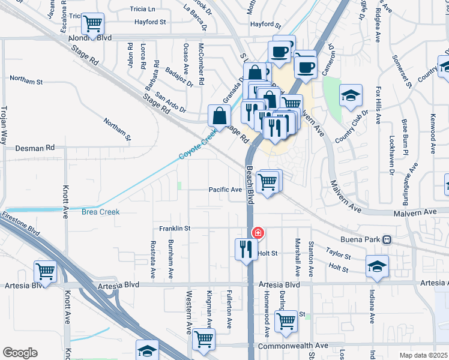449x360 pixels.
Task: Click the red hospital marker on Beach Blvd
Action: [258, 233]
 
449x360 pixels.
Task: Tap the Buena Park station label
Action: [364, 239]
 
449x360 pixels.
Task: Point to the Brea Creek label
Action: [101, 212]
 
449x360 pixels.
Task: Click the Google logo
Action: [20, 353]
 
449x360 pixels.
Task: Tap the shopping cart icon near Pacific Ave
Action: [268, 181]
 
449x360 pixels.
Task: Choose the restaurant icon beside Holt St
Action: [245, 248]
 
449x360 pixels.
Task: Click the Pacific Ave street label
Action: [225, 190]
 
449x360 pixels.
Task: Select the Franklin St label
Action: [175, 229]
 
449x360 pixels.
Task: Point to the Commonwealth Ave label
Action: [293, 346]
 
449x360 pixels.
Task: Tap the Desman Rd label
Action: [35, 147]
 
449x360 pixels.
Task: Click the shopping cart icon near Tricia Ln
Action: [92, 24]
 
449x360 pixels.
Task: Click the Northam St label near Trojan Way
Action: [26, 80]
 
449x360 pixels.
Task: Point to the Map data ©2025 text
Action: [423, 355]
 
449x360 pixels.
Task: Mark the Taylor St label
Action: [338, 253]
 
